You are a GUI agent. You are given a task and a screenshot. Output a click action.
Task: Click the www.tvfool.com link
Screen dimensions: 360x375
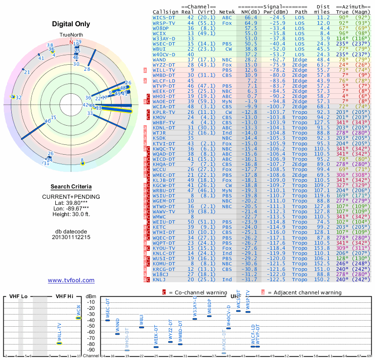[x=71, y=280]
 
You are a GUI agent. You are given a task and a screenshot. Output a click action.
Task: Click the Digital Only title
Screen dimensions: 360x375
[x=71, y=24]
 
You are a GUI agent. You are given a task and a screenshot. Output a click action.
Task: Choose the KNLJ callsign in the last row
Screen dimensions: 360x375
[x=160, y=280]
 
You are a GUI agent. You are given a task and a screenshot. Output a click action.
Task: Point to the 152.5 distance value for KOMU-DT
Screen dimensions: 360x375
[x=323, y=264]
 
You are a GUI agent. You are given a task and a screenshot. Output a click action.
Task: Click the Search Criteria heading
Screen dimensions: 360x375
[x=71, y=187]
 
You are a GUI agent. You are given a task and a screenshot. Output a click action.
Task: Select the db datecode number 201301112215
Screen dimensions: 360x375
[x=71, y=237]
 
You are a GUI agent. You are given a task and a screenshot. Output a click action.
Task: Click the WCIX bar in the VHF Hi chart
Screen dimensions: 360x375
[x=79, y=318]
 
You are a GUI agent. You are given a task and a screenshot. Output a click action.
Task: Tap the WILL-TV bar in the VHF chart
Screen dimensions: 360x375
[x=60, y=343]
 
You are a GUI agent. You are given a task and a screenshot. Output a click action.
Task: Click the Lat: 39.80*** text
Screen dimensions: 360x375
[x=71, y=202]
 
